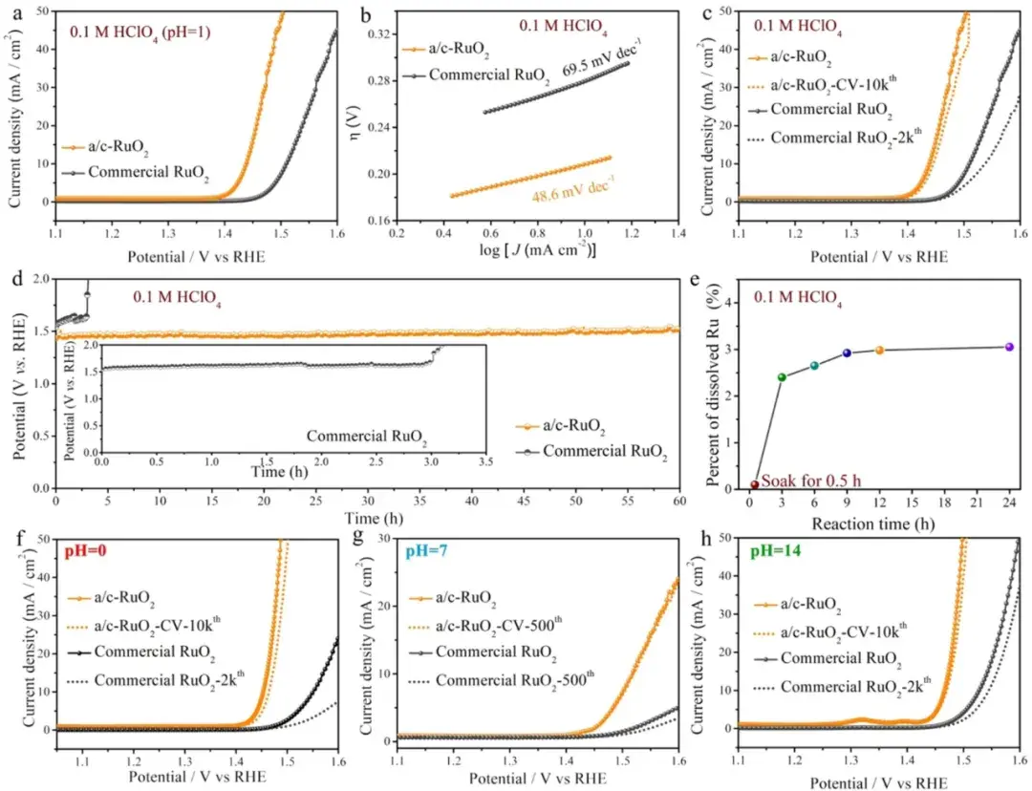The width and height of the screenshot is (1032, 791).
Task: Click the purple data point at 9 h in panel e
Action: point(847,353)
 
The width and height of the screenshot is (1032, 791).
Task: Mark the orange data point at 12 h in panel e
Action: point(879,350)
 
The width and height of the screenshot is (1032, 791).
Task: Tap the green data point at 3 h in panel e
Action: point(782,376)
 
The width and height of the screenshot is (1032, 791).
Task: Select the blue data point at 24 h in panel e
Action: point(1009,347)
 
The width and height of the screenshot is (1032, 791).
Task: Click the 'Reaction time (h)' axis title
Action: point(864,524)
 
